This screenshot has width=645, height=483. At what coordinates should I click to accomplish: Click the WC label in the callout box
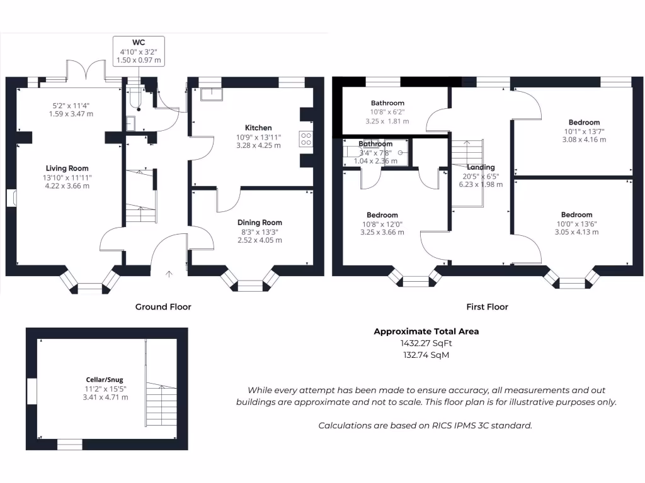tap(138, 42)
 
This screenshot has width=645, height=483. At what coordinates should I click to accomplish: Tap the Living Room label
tap(67, 168)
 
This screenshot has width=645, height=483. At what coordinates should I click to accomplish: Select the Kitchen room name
tap(258, 128)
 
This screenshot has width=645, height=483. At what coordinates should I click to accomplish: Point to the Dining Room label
tap(260, 222)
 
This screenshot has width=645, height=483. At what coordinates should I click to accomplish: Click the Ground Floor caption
tap(163, 307)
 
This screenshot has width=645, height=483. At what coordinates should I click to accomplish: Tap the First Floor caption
tap(487, 307)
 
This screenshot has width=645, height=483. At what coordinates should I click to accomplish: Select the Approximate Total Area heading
tap(426, 331)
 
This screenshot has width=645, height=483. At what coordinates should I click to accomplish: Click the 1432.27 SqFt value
tap(426, 343)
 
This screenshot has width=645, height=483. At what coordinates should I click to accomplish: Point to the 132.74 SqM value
tap(426, 355)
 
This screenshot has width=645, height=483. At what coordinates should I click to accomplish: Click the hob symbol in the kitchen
tap(307, 138)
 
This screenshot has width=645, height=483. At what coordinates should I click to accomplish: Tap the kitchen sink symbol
tap(212, 94)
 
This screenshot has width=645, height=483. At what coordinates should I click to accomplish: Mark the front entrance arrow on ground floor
tap(169, 274)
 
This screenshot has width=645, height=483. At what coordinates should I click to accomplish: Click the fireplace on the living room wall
tap(12, 197)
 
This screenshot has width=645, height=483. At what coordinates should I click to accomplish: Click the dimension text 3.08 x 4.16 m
tap(584, 140)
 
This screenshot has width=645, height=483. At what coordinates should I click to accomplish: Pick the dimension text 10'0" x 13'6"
tap(576, 223)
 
